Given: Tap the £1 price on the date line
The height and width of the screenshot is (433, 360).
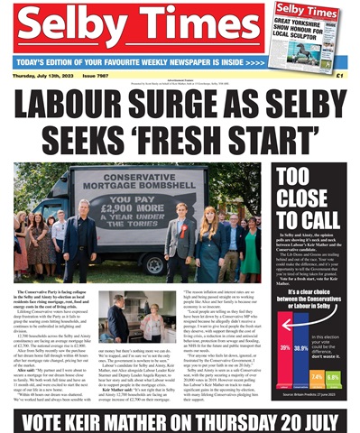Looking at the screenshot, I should click(x=340, y=75).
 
